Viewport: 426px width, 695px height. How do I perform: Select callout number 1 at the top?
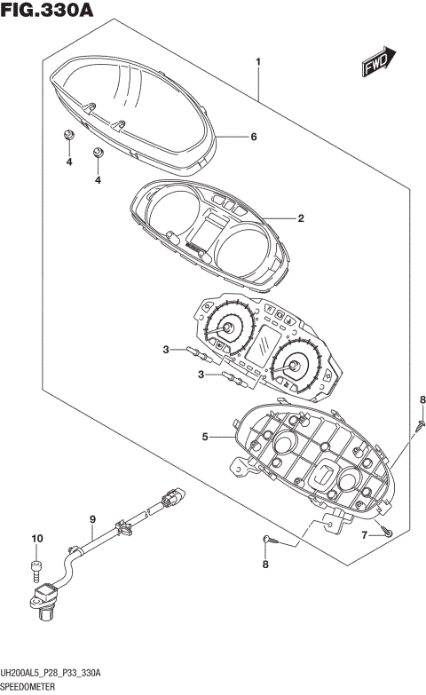[x=257, y=62]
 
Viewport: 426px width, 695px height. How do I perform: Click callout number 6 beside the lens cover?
[x=253, y=137]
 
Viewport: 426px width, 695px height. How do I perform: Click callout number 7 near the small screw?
[x=364, y=534]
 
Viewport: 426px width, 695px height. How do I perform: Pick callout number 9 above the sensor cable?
[x=91, y=518]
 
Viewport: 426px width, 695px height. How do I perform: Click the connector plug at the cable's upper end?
[x=172, y=498]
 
